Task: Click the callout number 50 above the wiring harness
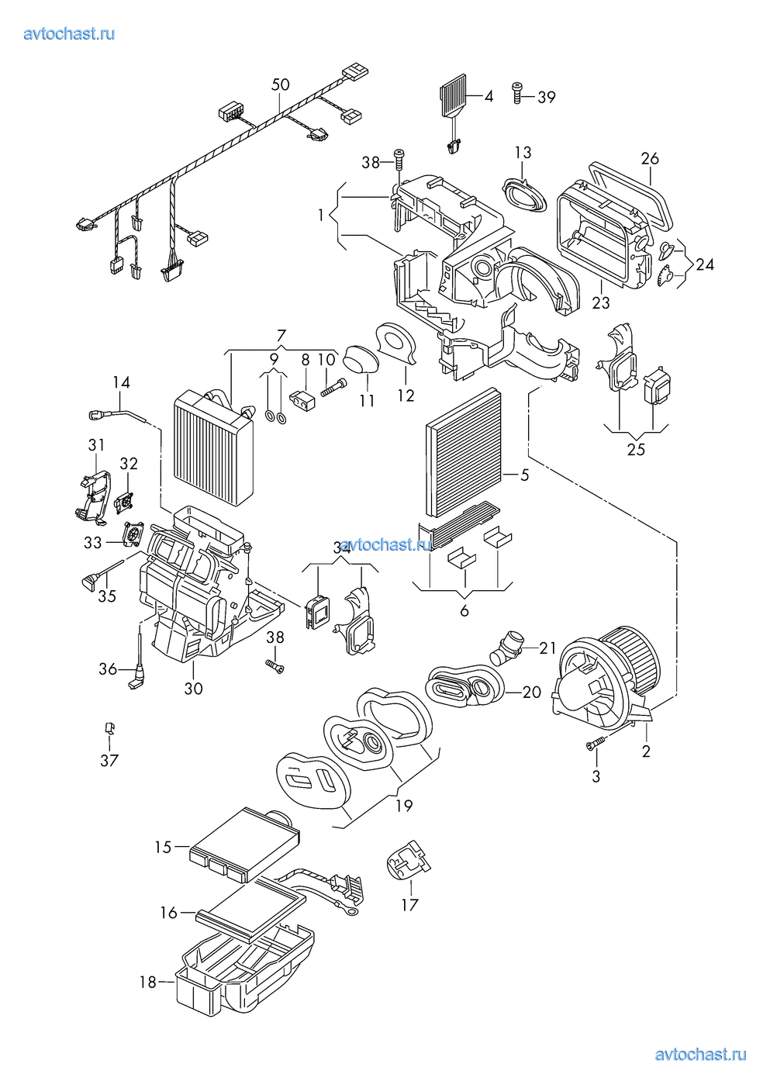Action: click(x=280, y=85)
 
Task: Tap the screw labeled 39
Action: click(x=517, y=93)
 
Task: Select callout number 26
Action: click(x=650, y=158)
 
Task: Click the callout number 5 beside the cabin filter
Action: click(x=525, y=475)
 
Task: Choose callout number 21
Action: click(x=548, y=648)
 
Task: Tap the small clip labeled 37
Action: click(x=109, y=728)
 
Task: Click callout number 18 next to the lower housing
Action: click(x=148, y=982)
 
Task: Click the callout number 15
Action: click(x=163, y=847)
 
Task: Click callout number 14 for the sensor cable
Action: click(x=121, y=382)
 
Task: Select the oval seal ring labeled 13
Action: click(x=524, y=190)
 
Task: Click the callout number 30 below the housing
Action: click(x=193, y=688)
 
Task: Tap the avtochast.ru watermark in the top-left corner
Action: click(x=70, y=33)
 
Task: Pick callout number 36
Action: click(x=108, y=668)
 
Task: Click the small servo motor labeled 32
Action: click(x=126, y=501)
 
